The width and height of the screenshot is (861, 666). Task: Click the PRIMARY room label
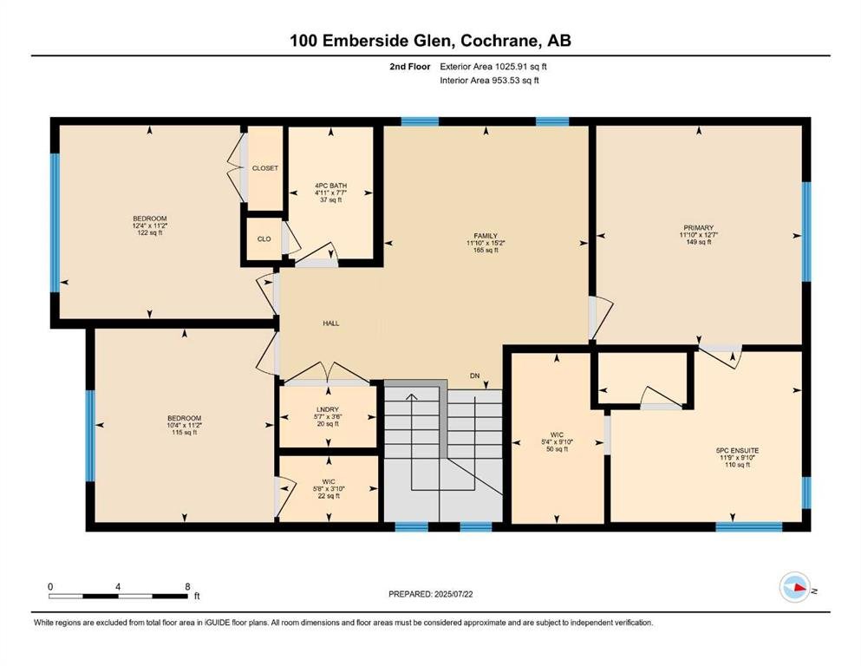699,227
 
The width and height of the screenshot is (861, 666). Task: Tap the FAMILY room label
486,236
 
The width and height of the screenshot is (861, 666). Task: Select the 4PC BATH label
330,186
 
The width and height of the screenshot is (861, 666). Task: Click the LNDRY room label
328,409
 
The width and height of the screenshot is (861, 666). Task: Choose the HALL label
331,323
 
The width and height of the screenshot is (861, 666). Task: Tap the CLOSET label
265,168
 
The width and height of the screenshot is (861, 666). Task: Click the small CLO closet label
264,238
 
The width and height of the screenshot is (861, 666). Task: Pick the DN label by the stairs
474,375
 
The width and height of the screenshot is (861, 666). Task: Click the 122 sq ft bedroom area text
150,232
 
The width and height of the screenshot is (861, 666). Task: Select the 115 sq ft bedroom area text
185,432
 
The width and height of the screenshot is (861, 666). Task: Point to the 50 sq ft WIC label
558,449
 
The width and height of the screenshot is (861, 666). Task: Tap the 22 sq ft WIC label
329,496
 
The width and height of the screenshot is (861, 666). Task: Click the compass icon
795,587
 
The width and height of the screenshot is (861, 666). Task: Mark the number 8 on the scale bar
188,586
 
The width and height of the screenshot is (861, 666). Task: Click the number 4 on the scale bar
118,586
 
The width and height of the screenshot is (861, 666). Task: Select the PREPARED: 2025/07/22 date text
430,594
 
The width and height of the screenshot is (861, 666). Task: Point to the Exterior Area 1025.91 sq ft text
493,67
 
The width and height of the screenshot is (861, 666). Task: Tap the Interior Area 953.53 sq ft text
489,80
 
